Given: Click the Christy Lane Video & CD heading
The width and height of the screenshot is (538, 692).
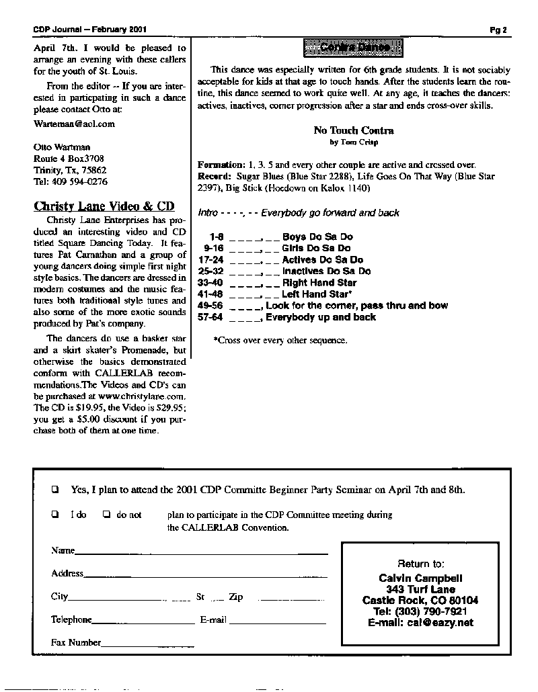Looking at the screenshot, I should click(104, 206).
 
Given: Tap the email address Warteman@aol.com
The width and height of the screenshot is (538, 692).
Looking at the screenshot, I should click(74, 124).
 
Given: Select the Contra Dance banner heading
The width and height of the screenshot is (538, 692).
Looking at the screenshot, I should click(353, 48).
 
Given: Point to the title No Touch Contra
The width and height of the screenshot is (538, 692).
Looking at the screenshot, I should click(354, 130).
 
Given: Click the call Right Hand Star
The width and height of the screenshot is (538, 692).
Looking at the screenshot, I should click(319, 283).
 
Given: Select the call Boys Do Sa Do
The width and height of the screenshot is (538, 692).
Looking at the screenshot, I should click(317, 237).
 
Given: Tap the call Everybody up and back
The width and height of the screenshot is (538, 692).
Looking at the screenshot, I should click(321, 317).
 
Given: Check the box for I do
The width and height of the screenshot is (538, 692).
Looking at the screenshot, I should click(56, 515).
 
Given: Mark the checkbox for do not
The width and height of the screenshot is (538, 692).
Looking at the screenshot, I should click(106, 515).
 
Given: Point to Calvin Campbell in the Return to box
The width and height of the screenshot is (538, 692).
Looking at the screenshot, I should click(420, 578).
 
